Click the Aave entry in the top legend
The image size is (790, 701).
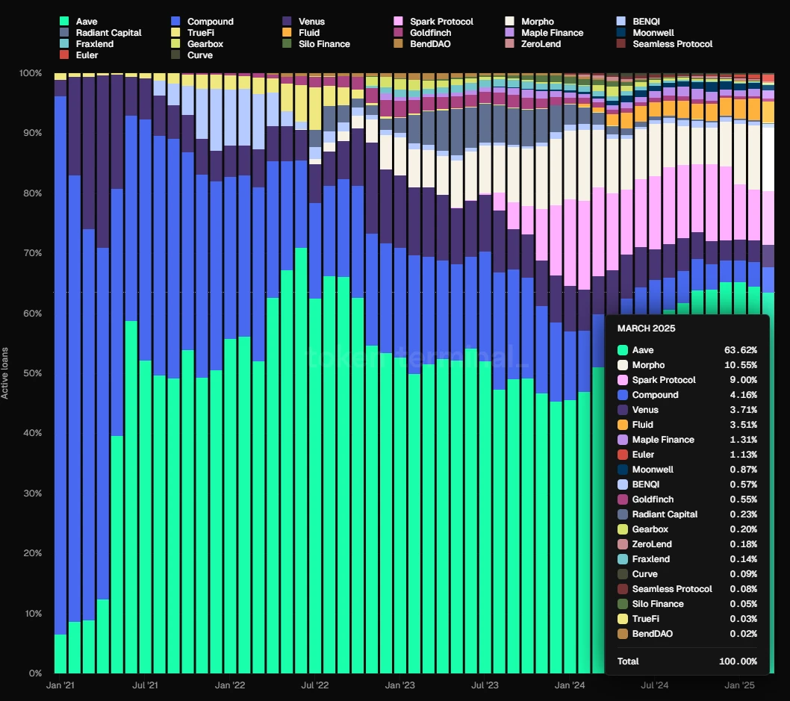87,22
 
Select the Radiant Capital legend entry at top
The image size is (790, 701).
108,33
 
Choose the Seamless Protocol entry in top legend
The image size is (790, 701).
672,44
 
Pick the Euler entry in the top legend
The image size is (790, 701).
87,55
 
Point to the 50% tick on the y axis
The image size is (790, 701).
31,373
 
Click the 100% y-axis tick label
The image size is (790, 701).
30,73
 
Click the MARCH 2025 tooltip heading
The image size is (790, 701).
647,328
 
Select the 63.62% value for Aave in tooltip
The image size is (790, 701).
740,350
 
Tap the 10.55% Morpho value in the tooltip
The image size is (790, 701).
740,365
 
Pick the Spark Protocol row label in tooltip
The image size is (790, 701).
663,380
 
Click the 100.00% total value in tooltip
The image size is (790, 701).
737,661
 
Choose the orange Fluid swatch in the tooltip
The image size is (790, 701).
622,425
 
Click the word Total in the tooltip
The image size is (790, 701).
628,661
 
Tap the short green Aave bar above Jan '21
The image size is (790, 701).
60,654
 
